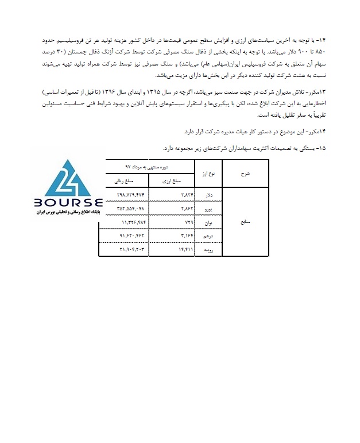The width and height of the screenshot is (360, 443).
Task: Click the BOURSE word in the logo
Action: pyautogui.click(x=68, y=203)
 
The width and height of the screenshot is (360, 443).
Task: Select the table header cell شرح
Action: pyautogui.click(x=246, y=172)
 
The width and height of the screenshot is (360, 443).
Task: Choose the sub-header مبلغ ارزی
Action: pyautogui.click(x=171, y=180)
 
